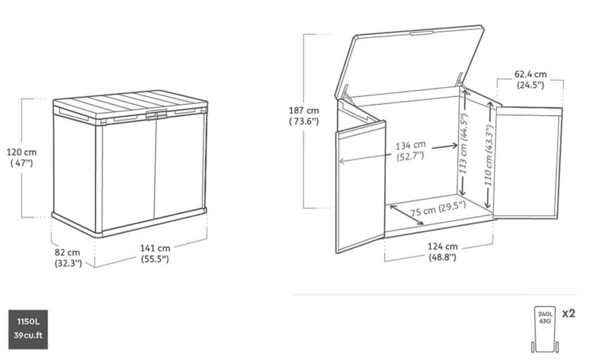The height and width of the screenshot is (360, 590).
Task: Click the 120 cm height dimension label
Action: point(22,158)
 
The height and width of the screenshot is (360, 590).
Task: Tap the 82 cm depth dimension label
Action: point(68,257)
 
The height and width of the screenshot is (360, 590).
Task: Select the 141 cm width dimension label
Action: point(155,253)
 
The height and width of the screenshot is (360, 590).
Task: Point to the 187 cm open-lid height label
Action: point(304,116)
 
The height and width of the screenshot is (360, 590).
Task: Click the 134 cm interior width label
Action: point(411,150)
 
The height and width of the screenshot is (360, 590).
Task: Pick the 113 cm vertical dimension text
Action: point(464,143)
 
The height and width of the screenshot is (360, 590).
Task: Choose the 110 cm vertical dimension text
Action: point(489,155)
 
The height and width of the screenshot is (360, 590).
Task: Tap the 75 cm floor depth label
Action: point(438,208)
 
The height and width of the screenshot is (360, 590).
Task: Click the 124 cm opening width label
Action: point(442,251)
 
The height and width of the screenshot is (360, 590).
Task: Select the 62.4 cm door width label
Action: point(530,80)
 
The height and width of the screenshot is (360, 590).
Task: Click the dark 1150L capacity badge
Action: point(28,329)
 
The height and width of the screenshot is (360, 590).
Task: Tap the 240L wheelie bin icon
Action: point(545,329)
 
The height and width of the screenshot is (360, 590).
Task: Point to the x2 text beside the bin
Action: point(569,313)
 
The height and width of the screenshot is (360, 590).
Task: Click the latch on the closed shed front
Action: point(156,114)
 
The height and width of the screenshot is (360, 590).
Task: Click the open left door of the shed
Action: point(360,186)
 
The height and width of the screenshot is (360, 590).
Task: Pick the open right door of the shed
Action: point(528,163)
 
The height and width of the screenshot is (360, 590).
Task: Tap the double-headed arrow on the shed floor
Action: point(407,215)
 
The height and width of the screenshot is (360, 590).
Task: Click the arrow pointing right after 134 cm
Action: point(445,146)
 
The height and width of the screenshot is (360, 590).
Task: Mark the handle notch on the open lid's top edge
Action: point(422,33)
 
